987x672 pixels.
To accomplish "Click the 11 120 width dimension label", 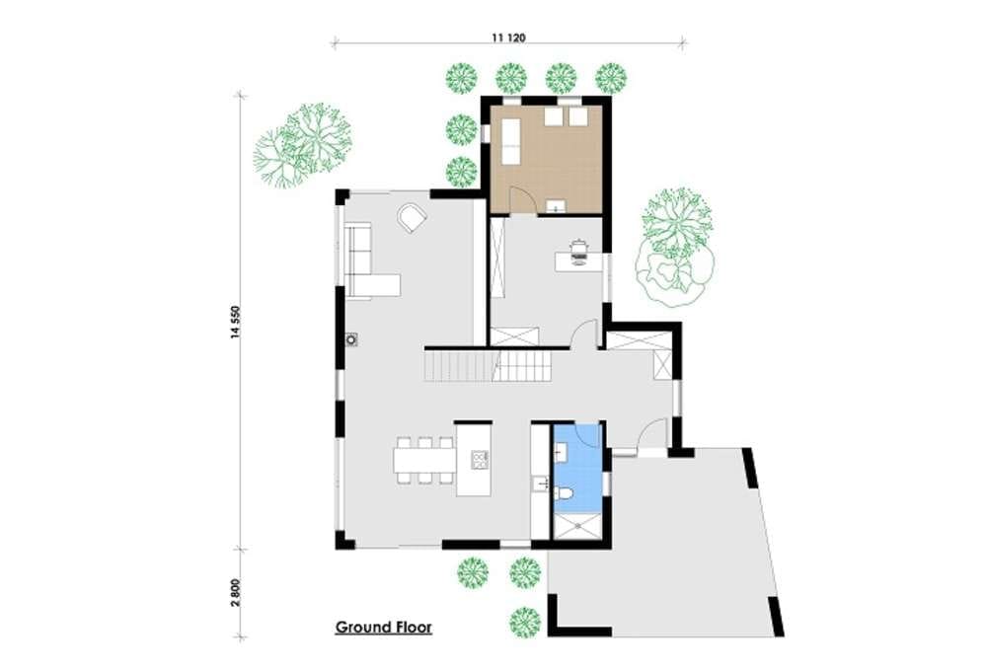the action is pos(508,37).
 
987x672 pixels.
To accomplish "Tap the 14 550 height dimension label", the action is pos(236,322).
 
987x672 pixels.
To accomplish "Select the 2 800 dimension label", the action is pos(236,593).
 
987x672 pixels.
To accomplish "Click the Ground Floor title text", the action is pos(383,628).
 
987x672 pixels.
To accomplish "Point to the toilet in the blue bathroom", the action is pos(564,494).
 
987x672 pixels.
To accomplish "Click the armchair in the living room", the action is pos(413,218).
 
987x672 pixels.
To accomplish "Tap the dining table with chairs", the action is pos(424,460).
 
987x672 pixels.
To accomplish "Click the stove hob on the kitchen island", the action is pos(480,460).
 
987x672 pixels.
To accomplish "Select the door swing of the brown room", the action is pos(522,200).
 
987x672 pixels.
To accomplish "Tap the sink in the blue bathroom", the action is pos(562,451).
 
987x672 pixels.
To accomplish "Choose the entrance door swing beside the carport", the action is pos(651,433).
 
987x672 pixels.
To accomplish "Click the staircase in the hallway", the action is pos(488,366).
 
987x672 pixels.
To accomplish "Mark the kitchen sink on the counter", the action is pos(540,485).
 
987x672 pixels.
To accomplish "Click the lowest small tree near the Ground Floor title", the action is pos(525,622).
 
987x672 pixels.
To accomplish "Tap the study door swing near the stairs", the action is pos(584,333).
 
